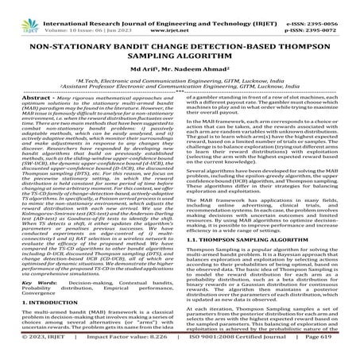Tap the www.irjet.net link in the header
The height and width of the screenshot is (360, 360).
click(x=185, y=15)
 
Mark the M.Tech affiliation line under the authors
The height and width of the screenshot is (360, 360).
click(x=179, y=80)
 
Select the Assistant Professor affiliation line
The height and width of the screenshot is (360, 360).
click(x=179, y=87)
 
